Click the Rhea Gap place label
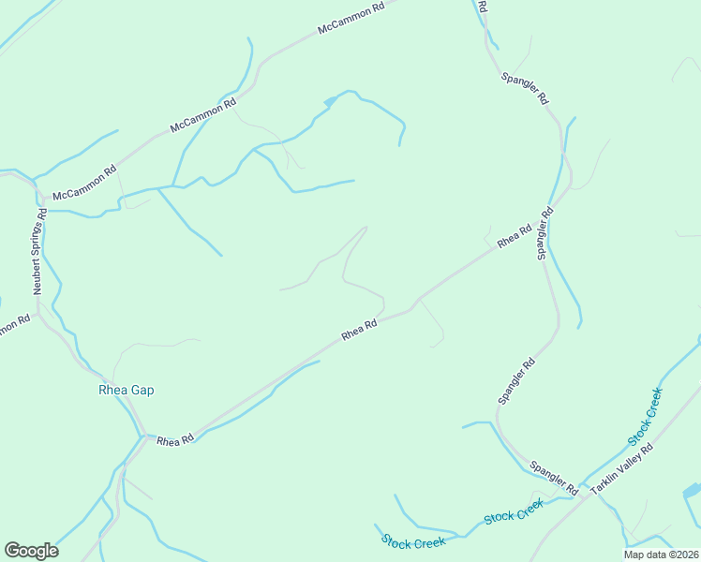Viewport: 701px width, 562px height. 126,390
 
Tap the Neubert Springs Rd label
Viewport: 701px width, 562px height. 39,252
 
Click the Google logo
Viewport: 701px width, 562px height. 31,551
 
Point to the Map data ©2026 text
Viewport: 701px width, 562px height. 662,555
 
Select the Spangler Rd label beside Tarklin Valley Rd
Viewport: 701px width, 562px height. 553,477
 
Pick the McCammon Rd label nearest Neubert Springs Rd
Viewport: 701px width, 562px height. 84,183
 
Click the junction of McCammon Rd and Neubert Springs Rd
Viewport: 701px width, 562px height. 42,199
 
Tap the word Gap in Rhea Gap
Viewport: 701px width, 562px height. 142,390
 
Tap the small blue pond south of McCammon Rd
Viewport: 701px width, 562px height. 330,99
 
